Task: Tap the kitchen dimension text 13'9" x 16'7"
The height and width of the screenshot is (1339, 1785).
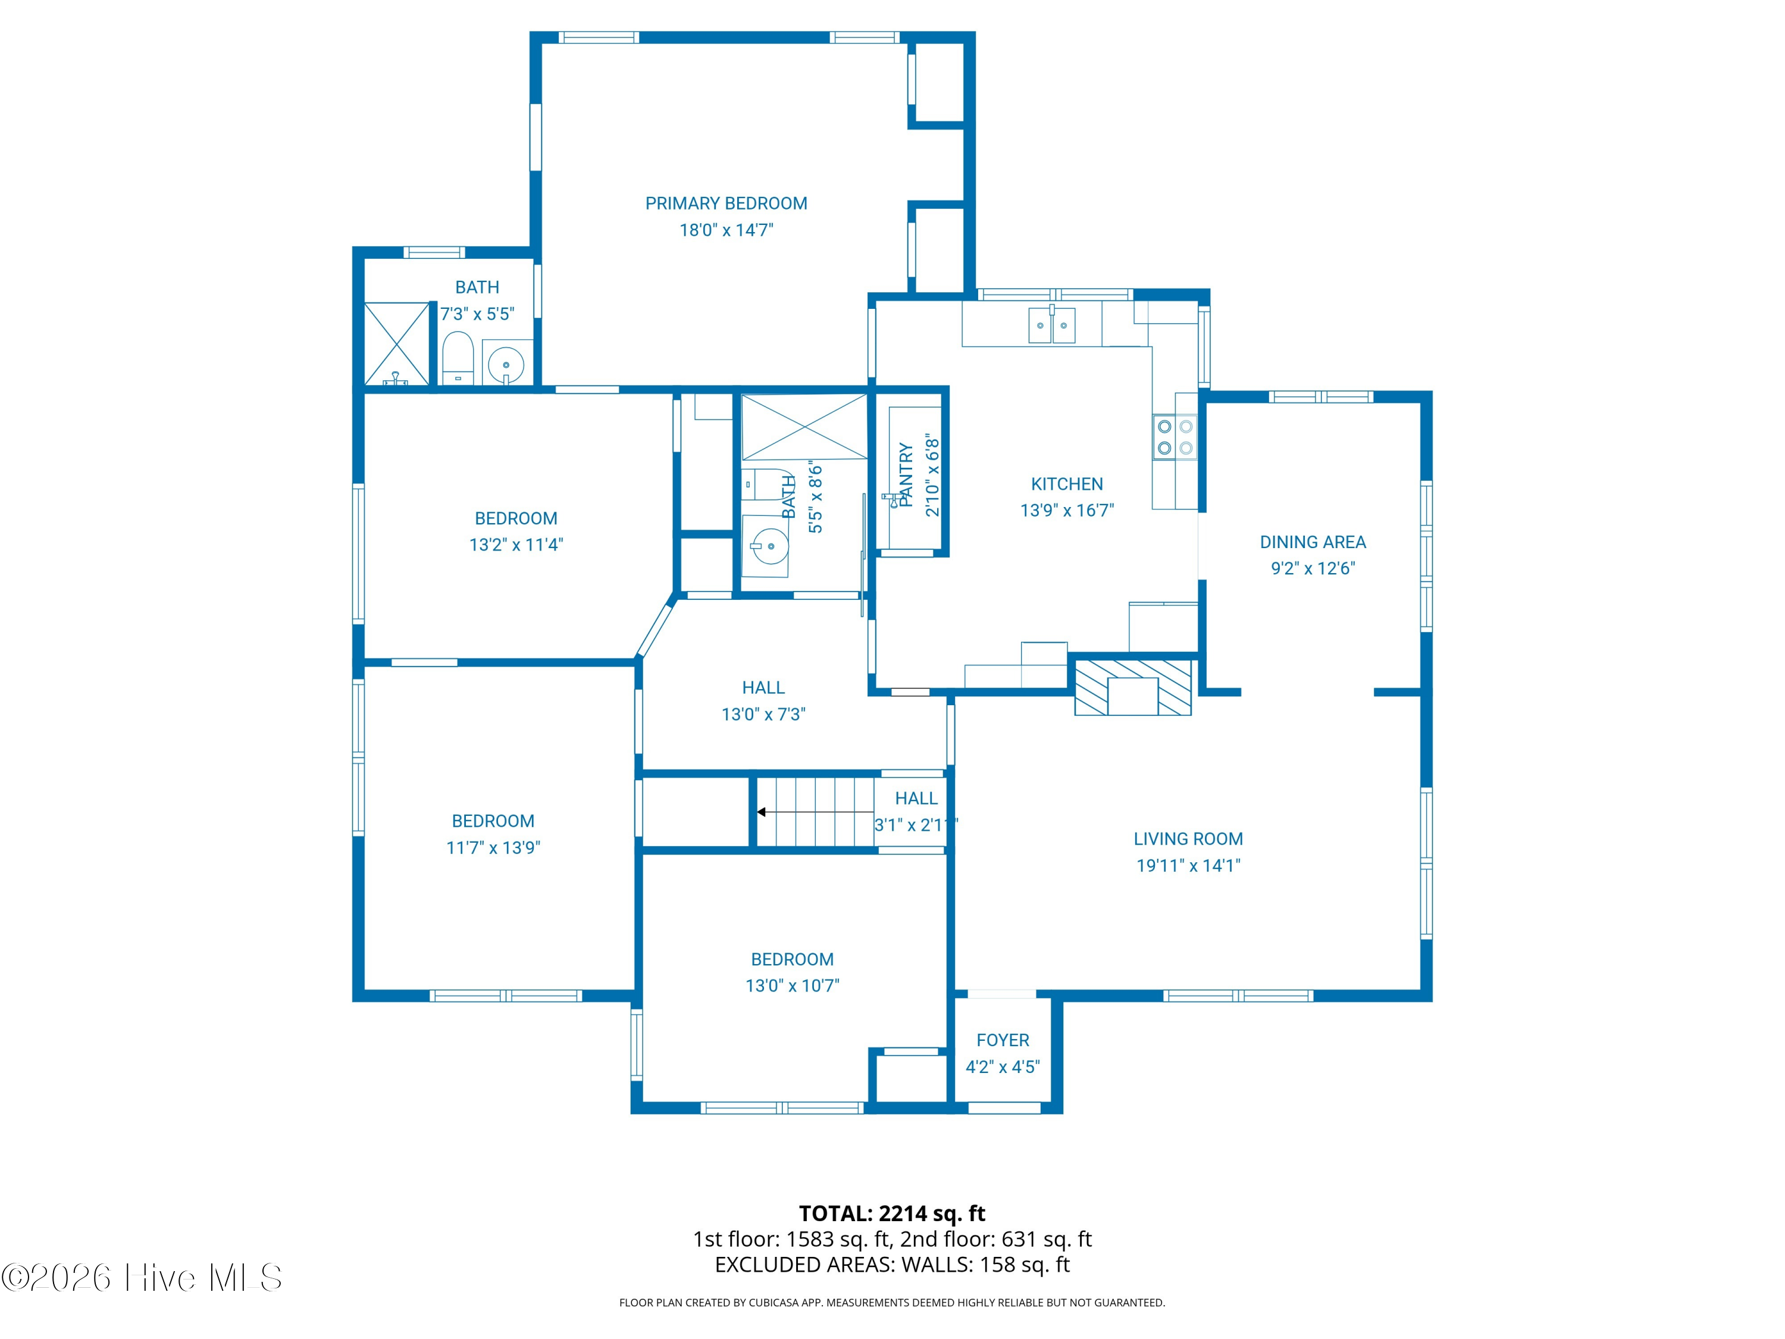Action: point(1067,510)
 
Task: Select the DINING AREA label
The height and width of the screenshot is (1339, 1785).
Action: point(1313,542)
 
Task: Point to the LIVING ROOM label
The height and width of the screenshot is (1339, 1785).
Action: point(1188,839)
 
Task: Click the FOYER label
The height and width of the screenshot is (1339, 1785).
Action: point(1003,1040)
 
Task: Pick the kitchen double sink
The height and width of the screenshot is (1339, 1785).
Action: point(1051,326)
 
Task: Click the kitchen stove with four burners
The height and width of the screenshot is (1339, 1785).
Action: point(1175,437)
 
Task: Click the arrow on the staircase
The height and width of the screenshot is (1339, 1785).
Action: point(815,812)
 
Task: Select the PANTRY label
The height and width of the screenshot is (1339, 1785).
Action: point(906,474)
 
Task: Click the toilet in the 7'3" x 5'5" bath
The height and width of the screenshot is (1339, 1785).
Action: point(458,358)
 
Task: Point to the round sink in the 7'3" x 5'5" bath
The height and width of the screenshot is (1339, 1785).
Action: point(506,364)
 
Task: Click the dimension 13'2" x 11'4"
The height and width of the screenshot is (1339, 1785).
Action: point(516,545)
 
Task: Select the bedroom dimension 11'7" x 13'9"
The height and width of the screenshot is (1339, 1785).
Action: point(493,847)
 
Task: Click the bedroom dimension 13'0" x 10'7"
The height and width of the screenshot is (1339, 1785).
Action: point(793,986)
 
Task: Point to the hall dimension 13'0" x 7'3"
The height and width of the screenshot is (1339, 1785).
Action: point(763,714)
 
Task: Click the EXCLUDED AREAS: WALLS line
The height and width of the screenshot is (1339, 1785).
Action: point(892,1265)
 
